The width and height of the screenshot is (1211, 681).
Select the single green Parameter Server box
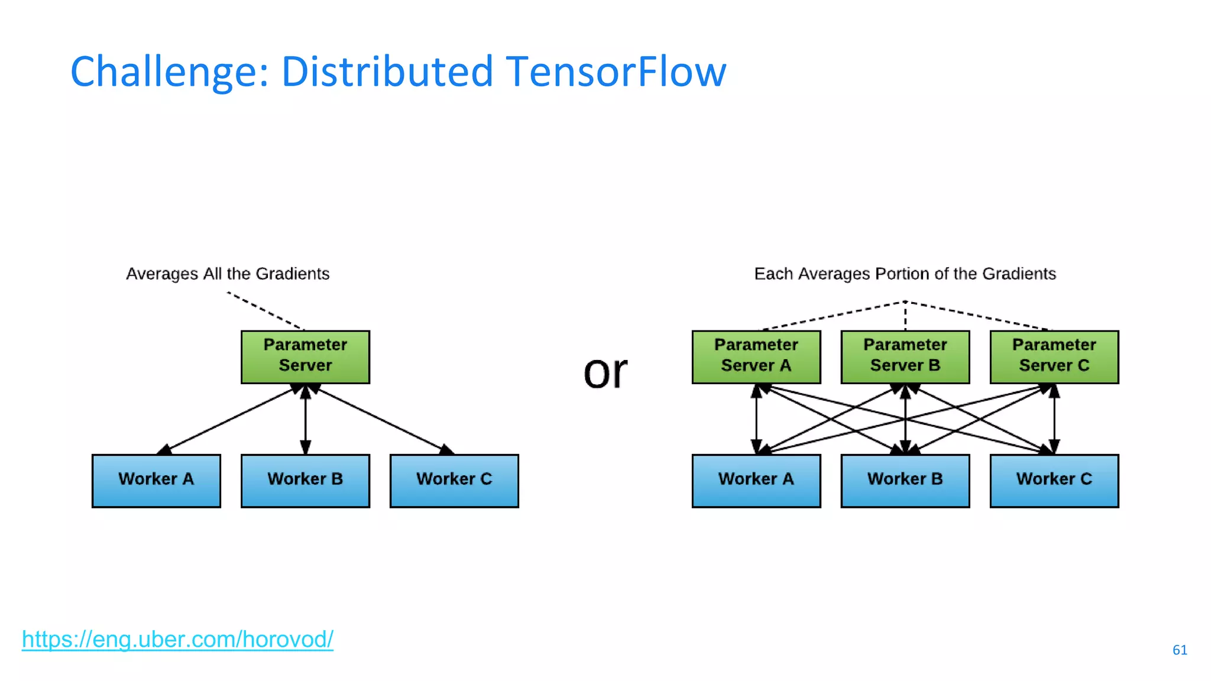305,357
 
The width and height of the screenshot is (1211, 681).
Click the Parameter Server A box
756,357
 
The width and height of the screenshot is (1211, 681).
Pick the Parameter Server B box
905,357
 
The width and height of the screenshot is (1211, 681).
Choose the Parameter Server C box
1054,357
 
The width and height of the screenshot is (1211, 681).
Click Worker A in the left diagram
156,481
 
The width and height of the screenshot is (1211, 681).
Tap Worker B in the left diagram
305,481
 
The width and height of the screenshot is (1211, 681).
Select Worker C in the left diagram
454,481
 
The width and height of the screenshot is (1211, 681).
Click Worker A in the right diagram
756,481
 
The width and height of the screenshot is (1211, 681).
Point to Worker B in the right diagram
905,481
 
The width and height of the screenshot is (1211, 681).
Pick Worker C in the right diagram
1054,481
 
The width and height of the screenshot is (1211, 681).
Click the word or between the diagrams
605,372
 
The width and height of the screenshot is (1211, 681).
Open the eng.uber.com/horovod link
177,640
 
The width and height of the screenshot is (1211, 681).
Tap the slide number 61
1179,650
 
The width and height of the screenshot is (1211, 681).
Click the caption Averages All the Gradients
228,274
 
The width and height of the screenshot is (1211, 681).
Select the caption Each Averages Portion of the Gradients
905,274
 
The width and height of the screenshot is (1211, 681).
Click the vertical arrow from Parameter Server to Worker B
305,420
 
